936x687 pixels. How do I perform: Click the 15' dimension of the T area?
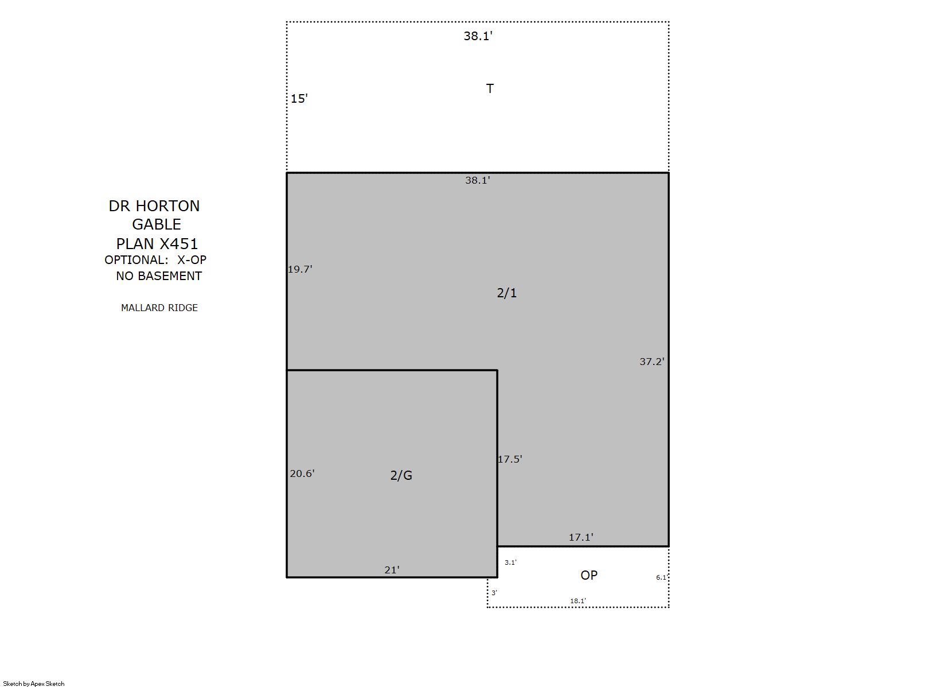pos(299,99)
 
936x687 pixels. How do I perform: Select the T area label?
pos(490,88)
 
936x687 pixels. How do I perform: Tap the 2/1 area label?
pos(507,293)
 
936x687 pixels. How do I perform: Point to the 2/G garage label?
pos(401,475)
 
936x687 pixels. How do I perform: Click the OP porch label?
pos(589,575)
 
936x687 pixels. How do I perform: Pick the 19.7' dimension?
pos(300,269)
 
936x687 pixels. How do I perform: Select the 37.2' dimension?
pos(652,362)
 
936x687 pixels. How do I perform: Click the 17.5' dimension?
pos(510,459)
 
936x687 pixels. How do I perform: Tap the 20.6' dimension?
pos(302,473)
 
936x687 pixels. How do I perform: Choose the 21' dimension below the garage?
pos(392,570)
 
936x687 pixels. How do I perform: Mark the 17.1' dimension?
pos(581,537)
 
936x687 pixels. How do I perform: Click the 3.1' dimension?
pos(510,562)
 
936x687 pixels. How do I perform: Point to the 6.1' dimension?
pos(661,577)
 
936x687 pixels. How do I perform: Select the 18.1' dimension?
pos(578,601)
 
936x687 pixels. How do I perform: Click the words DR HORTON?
pos(154,206)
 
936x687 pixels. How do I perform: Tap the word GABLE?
pos(156,224)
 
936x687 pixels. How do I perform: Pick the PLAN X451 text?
pos(157,243)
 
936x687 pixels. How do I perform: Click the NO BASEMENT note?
pos(159,276)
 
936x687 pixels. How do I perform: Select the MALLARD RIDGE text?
pos(159,308)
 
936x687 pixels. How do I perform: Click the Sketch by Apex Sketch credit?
pos(34,684)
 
